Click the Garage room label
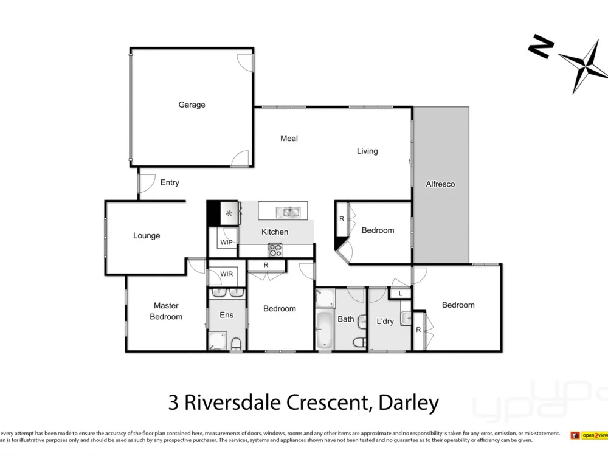point(192,105)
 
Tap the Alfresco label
point(440,184)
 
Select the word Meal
point(289,138)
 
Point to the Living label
point(367,151)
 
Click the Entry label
point(170,182)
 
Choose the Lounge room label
point(147,235)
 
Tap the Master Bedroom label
point(166,311)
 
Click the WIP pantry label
point(226,242)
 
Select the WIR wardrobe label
point(226,274)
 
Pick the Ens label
point(226,314)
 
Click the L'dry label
point(385,321)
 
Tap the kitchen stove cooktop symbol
point(275,249)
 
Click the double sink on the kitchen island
point(287,212)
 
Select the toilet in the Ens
point(236,344)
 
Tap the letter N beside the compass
point(541,47)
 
